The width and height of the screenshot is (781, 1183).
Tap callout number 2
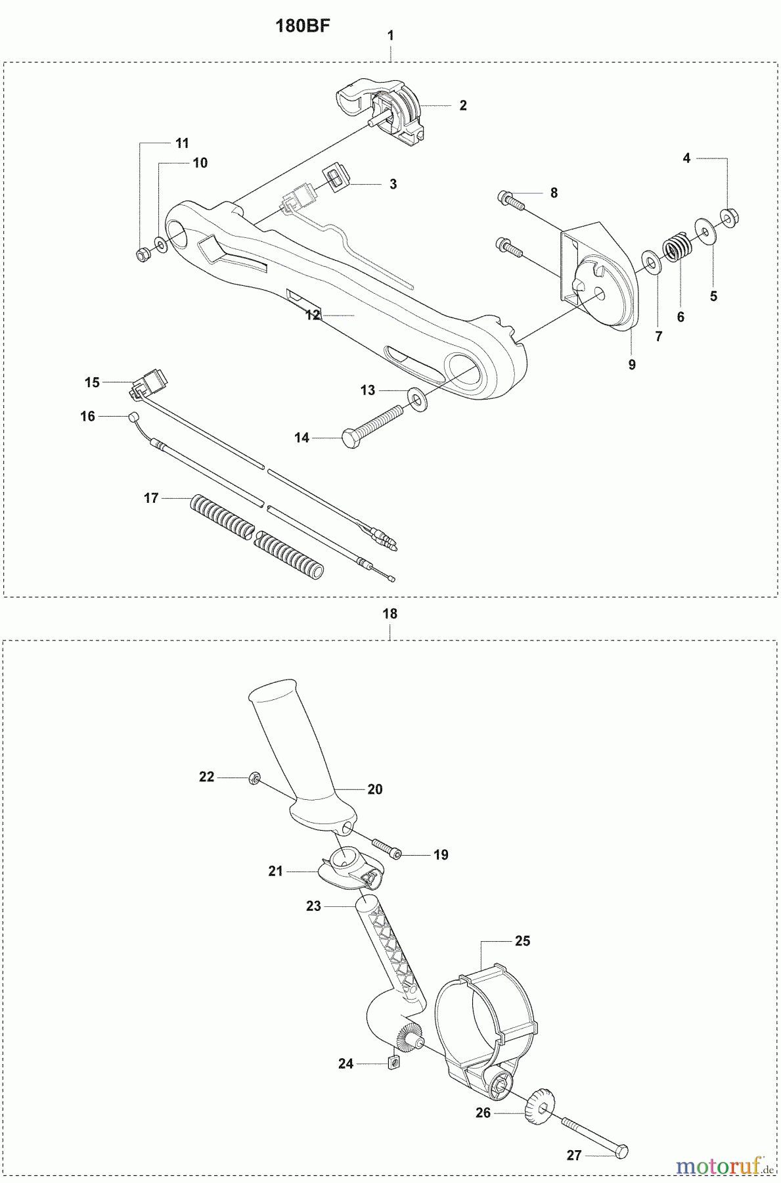click(x=463, y=106)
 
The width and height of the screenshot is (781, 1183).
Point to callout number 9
click(x=632, y=365)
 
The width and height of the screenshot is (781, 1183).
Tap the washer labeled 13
click(x=415, y=397)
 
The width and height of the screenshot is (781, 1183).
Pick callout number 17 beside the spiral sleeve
click(x=151, y=498)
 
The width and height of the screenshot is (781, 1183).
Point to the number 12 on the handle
click(x=313, y=315)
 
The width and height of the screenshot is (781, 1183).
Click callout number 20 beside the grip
click(x=374, y=789)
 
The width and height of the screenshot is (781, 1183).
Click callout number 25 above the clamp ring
click(x=522, y=941)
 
